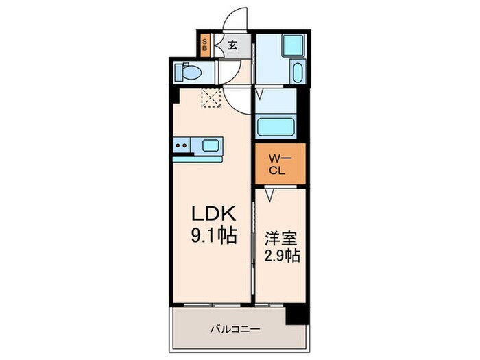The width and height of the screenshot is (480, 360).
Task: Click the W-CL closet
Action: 281,165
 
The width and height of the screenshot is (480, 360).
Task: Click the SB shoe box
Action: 204,47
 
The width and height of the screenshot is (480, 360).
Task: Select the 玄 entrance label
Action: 232,47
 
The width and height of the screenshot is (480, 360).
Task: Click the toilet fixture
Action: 187,71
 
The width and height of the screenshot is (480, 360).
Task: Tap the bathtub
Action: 275,127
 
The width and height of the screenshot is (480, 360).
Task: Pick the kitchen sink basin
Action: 211,145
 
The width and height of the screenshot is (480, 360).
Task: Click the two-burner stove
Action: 182,145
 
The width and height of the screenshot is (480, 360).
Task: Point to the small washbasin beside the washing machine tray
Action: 297,71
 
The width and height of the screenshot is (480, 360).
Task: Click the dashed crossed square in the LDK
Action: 210,99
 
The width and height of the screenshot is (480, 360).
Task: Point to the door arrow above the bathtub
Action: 260,91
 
